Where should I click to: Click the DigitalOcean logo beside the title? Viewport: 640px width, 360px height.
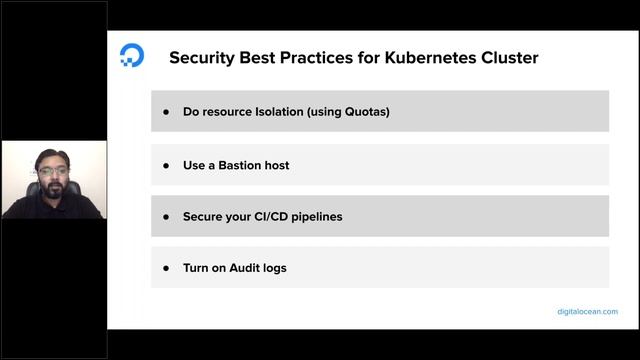[x=131, y=56]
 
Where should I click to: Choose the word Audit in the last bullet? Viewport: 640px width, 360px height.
[x=246, y=268]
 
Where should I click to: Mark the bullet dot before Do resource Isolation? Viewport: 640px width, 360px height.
[x=166, y=112]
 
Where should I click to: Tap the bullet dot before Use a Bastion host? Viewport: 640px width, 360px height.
[x=166, y=164]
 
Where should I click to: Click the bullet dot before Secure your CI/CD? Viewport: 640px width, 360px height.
[x=166, y=216]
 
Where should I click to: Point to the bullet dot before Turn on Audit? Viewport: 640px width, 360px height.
[x=166, y=268]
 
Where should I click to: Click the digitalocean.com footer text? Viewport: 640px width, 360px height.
[x=587, y=312]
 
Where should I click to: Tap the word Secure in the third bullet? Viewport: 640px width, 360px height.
[x=204, y=216]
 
